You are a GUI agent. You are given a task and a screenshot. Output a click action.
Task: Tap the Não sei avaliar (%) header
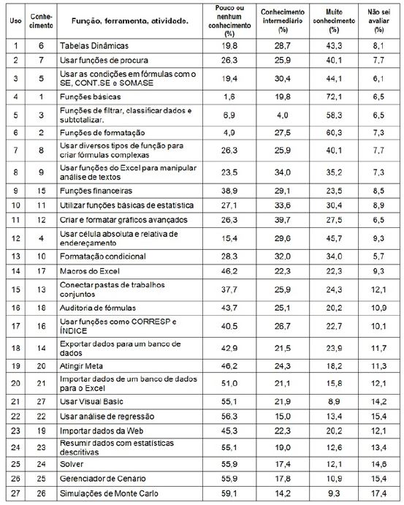tap(378, 18)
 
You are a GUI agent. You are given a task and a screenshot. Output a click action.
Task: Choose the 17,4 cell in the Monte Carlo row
tap(378, 493)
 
